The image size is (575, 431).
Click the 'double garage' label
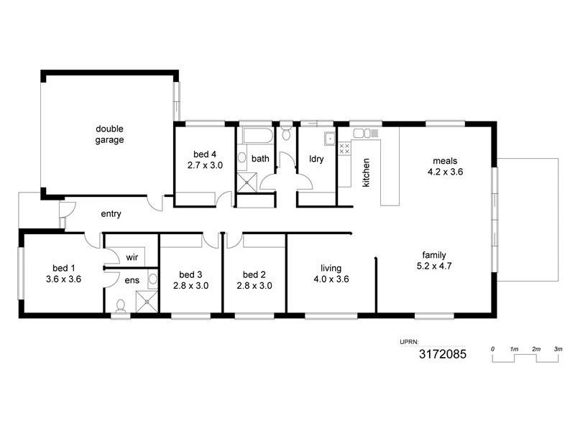click(110, 134)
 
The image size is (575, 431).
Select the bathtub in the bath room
click(255, 136)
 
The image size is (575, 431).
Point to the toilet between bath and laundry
click(286, 132)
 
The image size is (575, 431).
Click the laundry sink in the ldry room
click(329, 139)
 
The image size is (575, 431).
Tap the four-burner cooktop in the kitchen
click(344, 149)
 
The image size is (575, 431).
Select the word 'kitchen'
click(366, 172)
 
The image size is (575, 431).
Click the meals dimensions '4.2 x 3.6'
click(445, 172)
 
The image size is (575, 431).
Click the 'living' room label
click(331, 269)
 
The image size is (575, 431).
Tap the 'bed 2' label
click(254, 274)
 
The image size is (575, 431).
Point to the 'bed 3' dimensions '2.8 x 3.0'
click(190, 285)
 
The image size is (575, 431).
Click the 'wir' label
click(132, 256)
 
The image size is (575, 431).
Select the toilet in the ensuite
click(120, 307)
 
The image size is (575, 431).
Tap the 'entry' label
click(111, 213)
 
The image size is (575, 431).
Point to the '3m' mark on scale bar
click(558, 348)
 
